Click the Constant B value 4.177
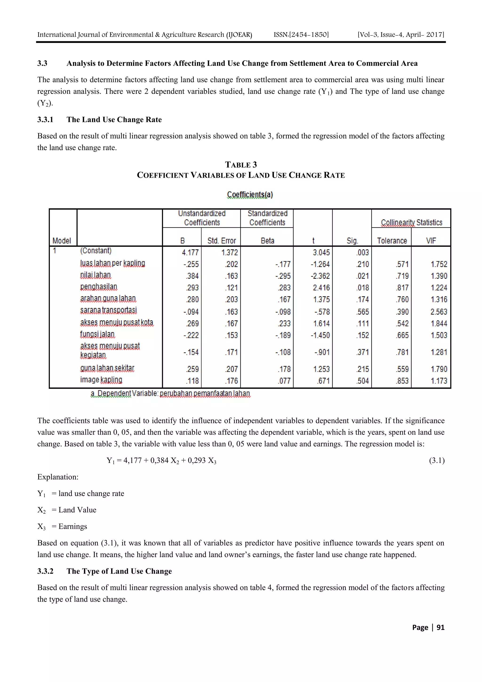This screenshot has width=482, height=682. pos(190,252)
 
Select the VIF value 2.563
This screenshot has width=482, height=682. pos(439,312)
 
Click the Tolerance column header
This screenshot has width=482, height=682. pos(392,241)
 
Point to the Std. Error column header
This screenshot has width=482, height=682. pos(221,241)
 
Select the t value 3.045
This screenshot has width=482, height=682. pos(321,252)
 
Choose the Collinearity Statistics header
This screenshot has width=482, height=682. pos(411,222)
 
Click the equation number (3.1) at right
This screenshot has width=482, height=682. pos(437,460)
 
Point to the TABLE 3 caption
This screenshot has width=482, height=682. pos(241,165)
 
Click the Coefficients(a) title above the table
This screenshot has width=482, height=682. pos(250,194)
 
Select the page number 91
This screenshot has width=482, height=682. pos(440,627)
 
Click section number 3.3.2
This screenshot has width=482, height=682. pos(45,571)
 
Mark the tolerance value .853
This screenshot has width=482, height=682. pos(402,381)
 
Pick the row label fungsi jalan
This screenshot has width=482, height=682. pos(97,334)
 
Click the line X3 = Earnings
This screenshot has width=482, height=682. pos(62,526)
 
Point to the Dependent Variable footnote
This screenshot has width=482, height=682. pos(170,394)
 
